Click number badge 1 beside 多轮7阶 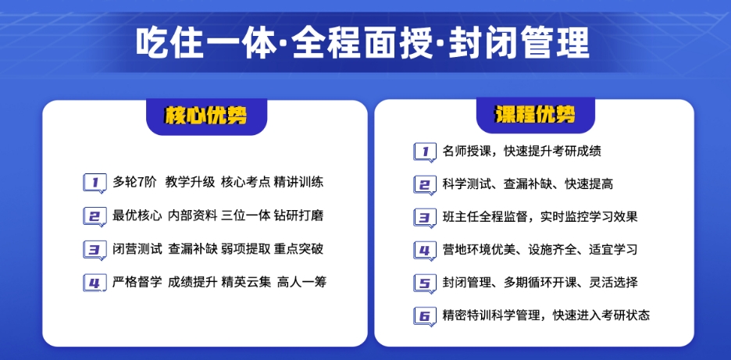(x=94, y=183)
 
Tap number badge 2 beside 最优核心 (x=94, y=216)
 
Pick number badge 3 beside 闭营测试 (x=94, y=250)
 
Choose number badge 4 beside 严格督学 (x=94, y=283)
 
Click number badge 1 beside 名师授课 (x=424, y=151)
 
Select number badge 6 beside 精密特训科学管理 (x=424, y=316)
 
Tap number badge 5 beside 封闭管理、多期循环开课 (x=424, y=283)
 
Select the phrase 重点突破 (x=299, y=250)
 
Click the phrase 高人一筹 (x=301, y=283)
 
